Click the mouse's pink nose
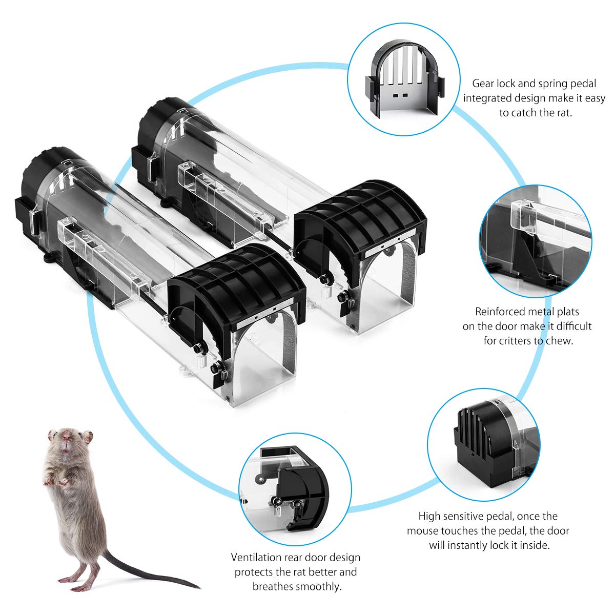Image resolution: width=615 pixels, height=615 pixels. (66, 438)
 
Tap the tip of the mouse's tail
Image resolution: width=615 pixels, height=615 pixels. (200, 587)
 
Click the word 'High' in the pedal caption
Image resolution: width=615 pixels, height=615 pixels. (429, 516)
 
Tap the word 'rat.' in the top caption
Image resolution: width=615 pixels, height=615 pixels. (563, 113)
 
